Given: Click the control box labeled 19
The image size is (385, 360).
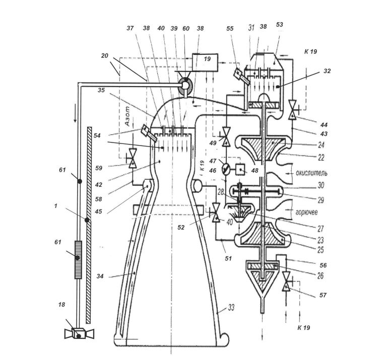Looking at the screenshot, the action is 205,62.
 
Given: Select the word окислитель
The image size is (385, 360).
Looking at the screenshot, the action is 311,173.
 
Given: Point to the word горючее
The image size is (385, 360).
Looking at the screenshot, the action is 306,212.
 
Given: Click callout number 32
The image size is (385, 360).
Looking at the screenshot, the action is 327,71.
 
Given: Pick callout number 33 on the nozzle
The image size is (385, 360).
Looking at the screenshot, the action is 231,307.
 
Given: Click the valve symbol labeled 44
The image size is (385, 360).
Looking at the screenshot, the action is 293,110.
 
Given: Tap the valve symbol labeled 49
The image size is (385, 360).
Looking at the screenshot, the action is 225,137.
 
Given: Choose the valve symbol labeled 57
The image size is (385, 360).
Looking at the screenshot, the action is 287,281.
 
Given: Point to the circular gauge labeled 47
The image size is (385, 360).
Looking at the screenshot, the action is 226,169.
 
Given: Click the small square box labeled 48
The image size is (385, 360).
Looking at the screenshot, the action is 241,169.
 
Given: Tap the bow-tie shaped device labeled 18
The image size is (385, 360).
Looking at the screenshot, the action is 79,334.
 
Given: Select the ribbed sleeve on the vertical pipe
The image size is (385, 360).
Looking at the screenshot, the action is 78,260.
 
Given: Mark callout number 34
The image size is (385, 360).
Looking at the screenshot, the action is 100,276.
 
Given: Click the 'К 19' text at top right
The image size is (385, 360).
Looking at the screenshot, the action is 310,51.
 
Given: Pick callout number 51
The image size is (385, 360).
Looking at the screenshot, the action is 228,258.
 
